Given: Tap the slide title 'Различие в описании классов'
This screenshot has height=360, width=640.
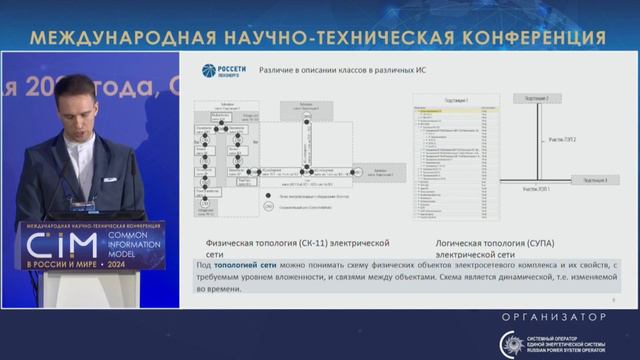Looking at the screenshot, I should coord(317,70).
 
